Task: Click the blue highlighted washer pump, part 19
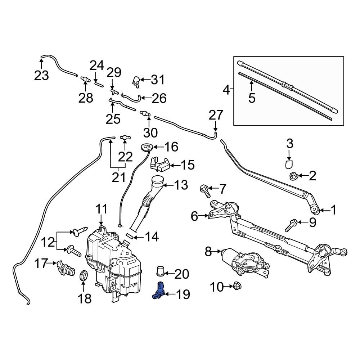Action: (159, 291)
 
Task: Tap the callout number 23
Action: (41, 76)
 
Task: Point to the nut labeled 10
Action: (237, 287)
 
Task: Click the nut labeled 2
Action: (292, 176)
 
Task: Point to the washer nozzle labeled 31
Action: (136, 81)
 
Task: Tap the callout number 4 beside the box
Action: (226, 89)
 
